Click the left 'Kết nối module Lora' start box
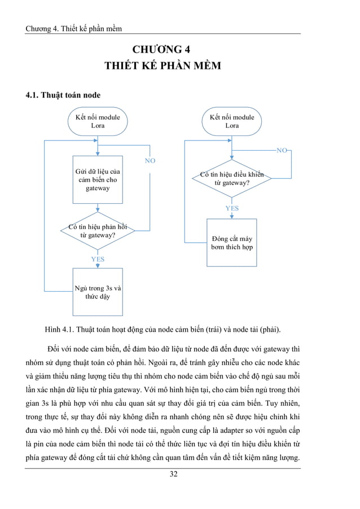[98, 121]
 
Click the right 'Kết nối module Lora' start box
[231, 121]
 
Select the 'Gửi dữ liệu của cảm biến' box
[98, 179]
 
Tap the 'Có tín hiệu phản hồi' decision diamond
[98, 231]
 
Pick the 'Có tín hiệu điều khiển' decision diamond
[231, 179]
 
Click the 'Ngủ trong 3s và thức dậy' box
[98, 292]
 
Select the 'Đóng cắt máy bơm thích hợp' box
[231, 243]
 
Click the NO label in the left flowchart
[150, 161]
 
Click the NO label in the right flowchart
[282, 150]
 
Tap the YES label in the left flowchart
[98, 259]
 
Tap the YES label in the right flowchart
[232, 208]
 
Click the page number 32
[173, 474]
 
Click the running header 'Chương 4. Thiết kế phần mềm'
[74, 28]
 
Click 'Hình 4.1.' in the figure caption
[58, 330]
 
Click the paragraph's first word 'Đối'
[56, 346]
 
